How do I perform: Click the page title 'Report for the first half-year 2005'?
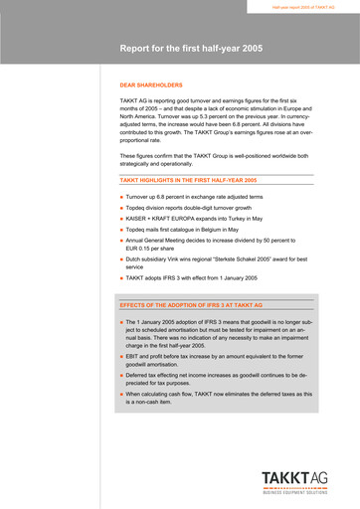[x=191, y=47]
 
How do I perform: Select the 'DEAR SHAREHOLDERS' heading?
[x=151, y=85]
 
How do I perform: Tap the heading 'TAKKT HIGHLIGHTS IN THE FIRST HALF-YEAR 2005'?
[x=188, y=180]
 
